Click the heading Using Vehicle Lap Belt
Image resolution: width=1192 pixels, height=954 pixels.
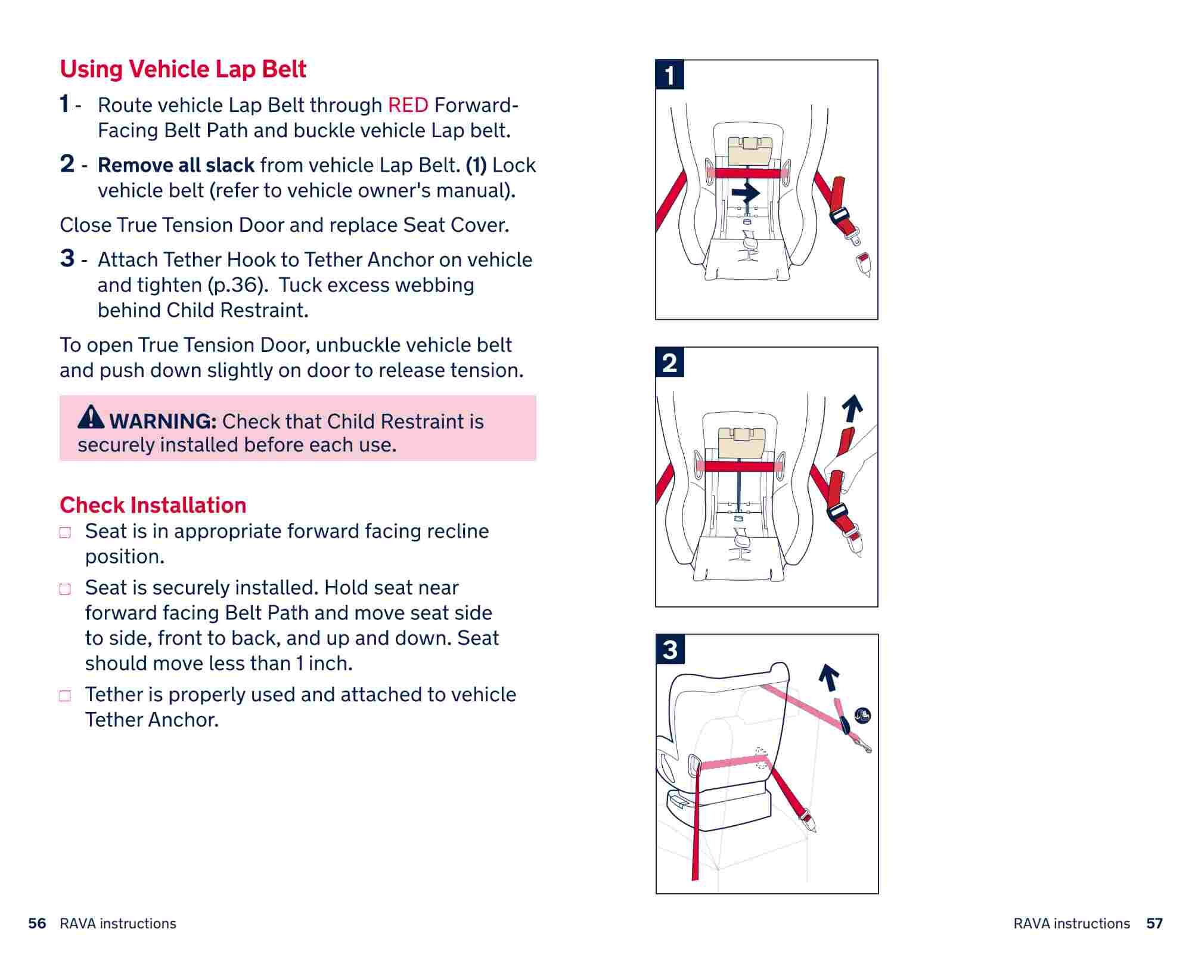(183, 69)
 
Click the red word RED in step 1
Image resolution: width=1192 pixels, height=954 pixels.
(408, 106)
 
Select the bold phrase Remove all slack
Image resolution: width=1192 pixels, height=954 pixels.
(176, 165)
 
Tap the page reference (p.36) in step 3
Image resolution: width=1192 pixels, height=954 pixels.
(235, 285)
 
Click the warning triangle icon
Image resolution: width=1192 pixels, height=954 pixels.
(91, 417)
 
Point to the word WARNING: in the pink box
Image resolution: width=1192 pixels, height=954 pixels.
(163, 422)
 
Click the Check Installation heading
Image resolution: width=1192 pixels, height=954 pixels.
(153, 505)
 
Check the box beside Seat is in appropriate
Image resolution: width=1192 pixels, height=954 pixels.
(65, 532)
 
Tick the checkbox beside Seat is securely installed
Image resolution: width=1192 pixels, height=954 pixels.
(65, 589)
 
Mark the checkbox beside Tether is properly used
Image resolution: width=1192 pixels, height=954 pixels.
(65, 696)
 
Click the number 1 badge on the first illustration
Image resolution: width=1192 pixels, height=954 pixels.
(670, 75)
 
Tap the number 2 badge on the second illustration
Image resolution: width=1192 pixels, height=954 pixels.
(670, 363)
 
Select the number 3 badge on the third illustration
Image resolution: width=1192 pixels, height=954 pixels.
(670, 649)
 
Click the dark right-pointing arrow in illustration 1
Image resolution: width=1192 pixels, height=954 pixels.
(746, 193)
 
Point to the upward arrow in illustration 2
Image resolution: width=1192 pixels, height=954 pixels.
(853, 408)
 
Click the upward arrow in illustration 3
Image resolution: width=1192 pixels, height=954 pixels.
(828, 677)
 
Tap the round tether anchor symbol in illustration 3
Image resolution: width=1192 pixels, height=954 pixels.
(862, 715)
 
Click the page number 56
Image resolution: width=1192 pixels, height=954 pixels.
(37, 924)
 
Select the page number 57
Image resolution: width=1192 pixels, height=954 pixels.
(1154, 924)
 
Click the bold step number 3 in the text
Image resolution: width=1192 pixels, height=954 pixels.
(67, 259)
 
